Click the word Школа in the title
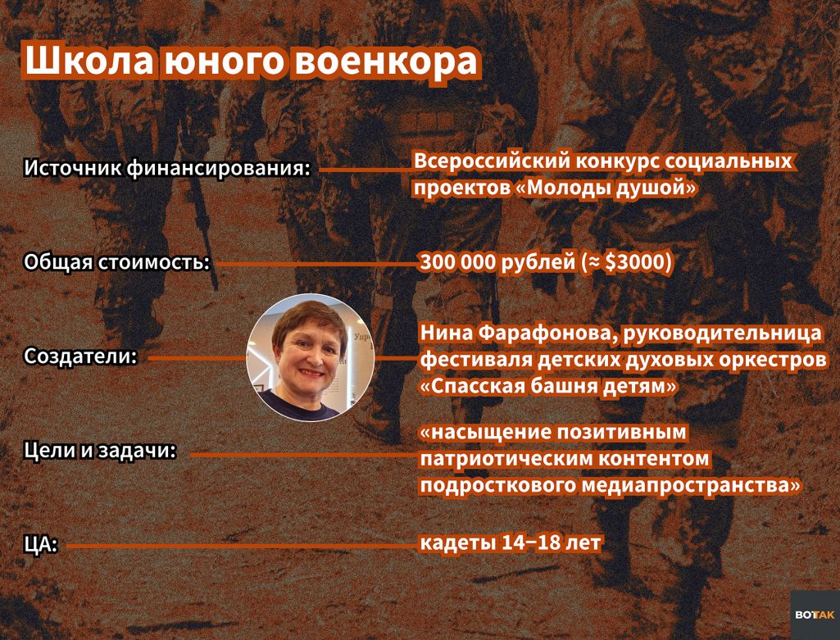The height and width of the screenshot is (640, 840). point(89,61)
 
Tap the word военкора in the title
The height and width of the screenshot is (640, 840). point(385,61)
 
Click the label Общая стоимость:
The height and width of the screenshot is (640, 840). point(116,262)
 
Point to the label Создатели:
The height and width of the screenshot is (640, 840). point(80,356)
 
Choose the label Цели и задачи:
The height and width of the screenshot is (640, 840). point(100,451)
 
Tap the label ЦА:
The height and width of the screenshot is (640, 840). point(41,545)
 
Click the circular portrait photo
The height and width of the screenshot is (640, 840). point(310,357)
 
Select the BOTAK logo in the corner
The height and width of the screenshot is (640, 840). point(815,615)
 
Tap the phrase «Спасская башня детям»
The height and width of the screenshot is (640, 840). point(548,386)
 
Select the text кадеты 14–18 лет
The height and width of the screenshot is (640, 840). point(510,543)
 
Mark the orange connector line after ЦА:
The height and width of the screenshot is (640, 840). point(242,547)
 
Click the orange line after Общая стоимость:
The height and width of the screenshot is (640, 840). point(317,264)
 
